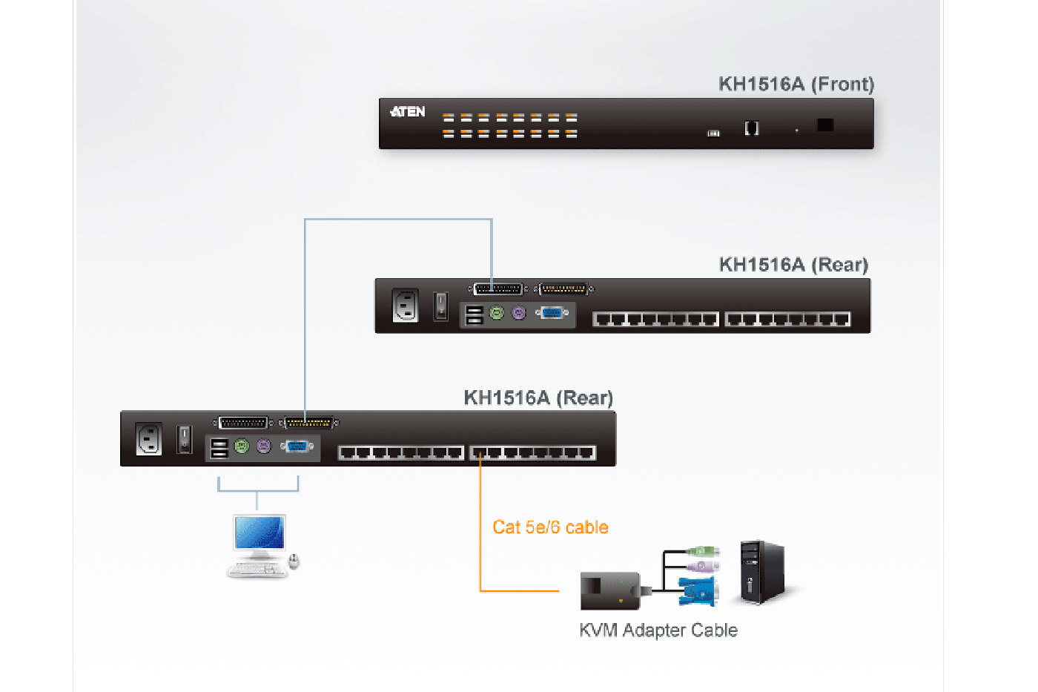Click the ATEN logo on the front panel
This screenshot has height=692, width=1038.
[408, 112]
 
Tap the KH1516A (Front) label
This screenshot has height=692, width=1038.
[796, 84]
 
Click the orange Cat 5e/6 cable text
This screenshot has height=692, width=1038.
[550, 527]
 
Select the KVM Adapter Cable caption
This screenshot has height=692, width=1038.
[658, 630]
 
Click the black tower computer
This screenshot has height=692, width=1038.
[761, 571]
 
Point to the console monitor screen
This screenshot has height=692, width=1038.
[259, 532]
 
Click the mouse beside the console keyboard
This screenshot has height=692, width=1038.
[294, 561]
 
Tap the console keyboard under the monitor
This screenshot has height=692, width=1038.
[257, 570]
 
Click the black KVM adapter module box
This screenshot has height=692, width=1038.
[609, 590]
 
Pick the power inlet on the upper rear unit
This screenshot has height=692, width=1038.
[406, 305]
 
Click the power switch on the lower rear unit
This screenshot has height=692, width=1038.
[185, 438]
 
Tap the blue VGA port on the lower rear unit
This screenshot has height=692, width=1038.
[297, 446]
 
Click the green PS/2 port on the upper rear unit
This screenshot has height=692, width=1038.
[497, 313]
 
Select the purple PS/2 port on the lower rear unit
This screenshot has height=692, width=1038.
[264, 446]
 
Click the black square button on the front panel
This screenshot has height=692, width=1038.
[825, 125]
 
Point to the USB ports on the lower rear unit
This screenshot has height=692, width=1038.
[219, 449]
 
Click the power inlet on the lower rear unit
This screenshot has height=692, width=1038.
[149, 438]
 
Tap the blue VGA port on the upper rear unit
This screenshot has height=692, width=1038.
[552, 313]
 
